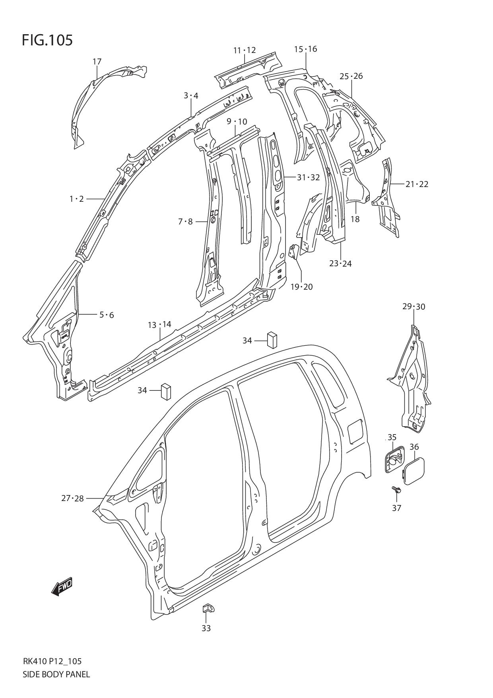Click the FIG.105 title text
47,40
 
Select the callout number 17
97,62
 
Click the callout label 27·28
72,498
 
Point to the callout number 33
206,628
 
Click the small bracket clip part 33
208,608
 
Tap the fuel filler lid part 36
414,471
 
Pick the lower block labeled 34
165,392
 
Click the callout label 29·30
413,306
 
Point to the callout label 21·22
417,184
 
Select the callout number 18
355,219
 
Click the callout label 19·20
301,287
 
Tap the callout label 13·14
159,325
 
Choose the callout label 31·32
308,177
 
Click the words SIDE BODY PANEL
56,674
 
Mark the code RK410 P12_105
52,661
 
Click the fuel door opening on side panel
355,431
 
